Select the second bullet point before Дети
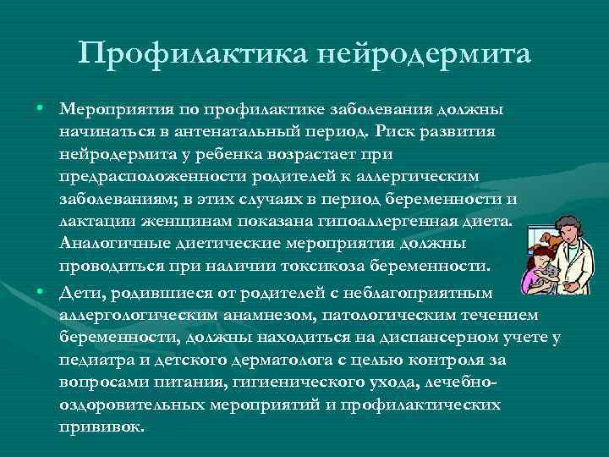pyautogui.click(x=41, y=291)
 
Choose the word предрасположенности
pyautogui.click(x=162, y=178)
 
